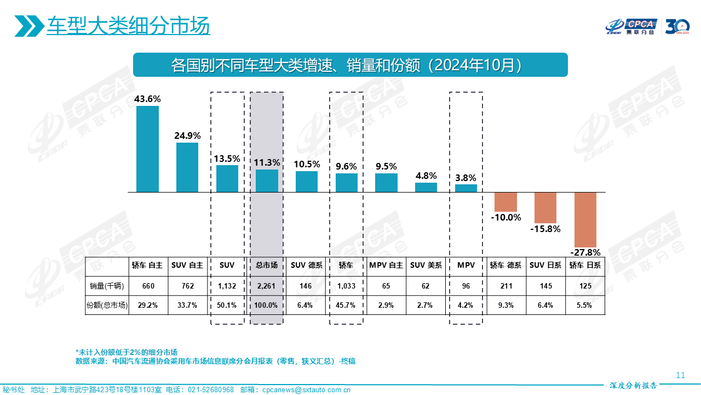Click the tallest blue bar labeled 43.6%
click(147, 149)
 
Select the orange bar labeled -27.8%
click(585, 219)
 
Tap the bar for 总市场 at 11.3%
click(267, 180)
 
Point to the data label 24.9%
click(187, 136)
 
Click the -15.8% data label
click(545, 229)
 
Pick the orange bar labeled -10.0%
click(505, 202)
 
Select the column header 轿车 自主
click(147, 266)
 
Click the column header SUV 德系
click(307, 266)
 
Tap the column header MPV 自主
click(386, 266)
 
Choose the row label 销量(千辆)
click(107, 286)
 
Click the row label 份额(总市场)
click(107, 305)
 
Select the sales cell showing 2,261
click(267, 286)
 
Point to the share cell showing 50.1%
click(227, 305)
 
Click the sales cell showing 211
click(505, 286)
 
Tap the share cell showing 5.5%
click(585, 305)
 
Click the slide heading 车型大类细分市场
click(128, 26)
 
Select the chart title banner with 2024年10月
click(350, 65)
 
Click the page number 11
click(680, 375)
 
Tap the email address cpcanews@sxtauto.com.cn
click(306, 390)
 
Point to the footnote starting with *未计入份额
click(127, 352)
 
